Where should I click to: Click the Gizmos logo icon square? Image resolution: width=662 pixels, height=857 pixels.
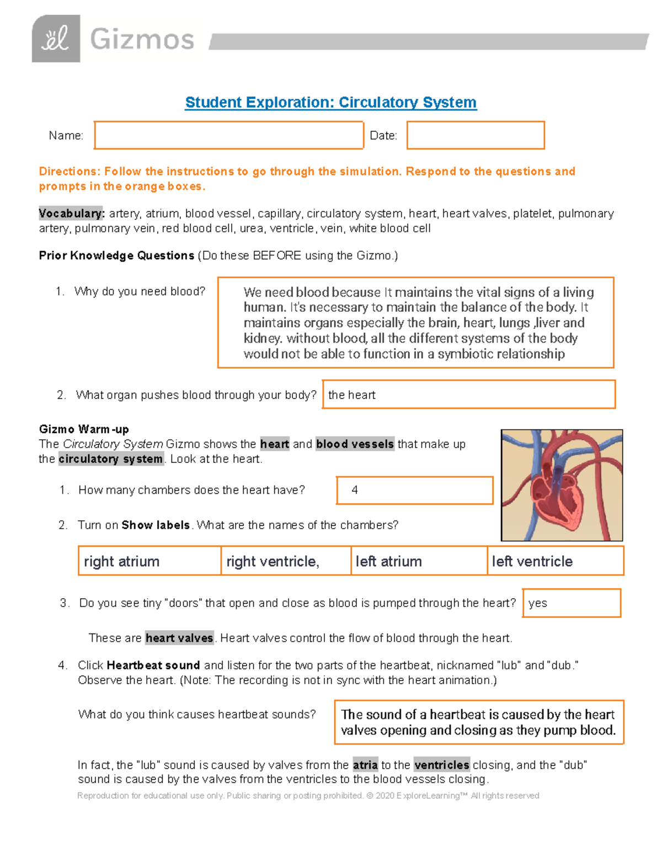56,39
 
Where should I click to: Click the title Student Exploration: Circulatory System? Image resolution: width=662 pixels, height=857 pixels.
330,103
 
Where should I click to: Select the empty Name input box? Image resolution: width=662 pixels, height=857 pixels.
228,135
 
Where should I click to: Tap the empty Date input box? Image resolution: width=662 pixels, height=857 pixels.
476,135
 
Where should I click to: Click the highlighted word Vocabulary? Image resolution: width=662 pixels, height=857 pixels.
71,214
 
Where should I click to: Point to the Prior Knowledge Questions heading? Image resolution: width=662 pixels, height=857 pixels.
116,255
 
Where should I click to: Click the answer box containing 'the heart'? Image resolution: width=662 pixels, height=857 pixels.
468,395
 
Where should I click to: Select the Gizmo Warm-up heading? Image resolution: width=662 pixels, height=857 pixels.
84,429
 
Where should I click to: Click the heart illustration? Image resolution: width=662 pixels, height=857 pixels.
562,485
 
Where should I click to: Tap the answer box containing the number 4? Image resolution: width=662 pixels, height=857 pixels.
414,490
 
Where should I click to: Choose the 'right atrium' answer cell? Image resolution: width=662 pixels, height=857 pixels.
150,561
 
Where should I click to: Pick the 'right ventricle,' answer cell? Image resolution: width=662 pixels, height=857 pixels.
286,561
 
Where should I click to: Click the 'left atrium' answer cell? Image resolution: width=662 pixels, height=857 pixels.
419,561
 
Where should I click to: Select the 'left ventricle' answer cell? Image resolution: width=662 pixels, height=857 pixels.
556,561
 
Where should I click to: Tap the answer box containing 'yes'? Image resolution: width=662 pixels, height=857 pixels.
571,603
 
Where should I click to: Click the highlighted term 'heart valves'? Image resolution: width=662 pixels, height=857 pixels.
179,638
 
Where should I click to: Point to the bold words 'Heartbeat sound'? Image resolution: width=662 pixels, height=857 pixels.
153,666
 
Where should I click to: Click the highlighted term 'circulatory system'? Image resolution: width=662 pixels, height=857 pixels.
110,459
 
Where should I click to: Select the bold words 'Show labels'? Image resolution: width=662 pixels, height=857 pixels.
156,525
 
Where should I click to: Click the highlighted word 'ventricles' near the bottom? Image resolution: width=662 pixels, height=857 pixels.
441,765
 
